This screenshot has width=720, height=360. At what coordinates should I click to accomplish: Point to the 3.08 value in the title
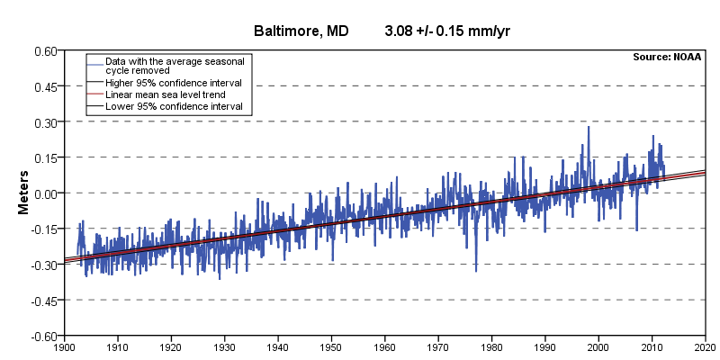400,31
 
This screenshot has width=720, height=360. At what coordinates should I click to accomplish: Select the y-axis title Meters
23,193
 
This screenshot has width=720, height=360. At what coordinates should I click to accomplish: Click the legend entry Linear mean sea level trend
166,95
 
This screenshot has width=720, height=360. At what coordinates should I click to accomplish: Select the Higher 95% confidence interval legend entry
174,83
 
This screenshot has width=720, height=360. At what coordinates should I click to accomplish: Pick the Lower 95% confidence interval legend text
174,107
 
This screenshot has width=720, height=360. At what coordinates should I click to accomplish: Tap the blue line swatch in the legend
95,65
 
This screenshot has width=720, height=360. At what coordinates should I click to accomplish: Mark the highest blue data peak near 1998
589,127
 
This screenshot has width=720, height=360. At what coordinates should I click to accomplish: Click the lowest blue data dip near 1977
476,271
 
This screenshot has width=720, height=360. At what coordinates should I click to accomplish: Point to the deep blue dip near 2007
636,229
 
